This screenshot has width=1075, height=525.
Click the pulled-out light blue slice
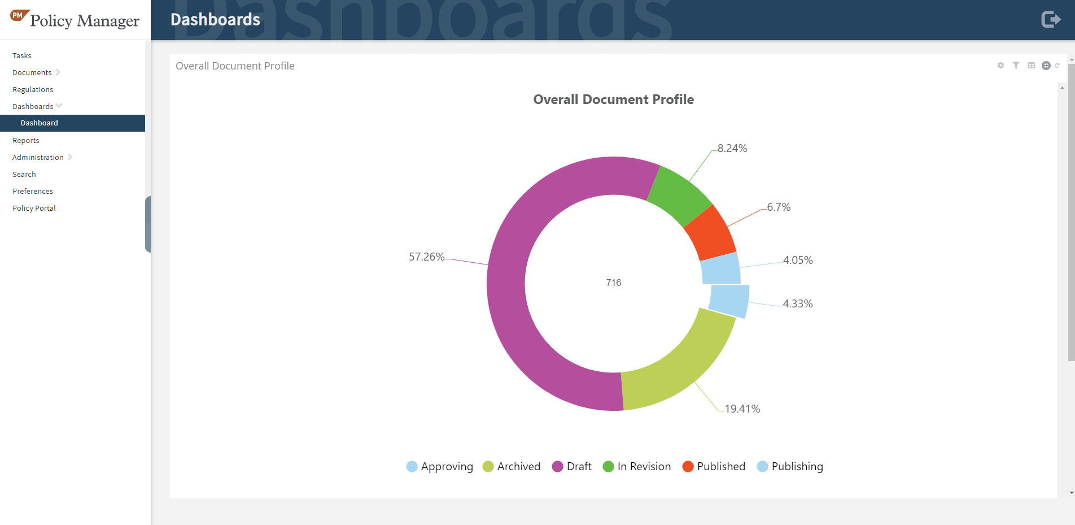click(x=729, y=300)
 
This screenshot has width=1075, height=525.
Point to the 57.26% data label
click(x=426, y=257)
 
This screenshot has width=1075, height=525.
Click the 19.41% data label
click(x=742, y=409)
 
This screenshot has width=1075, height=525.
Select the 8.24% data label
click(x=732, y=149)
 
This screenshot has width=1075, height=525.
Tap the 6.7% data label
click(x=779, y=207)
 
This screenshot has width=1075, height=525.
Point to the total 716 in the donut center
click(x=614, y=283)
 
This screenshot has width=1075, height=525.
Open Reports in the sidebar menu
click(x=26, y=140)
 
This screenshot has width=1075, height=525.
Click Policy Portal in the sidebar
click(x=34, y=208)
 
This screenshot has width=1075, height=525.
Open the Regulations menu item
click(x=33, y=89)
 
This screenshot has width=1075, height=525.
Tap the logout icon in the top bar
click(x=1051, y=20)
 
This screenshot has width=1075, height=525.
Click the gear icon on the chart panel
click(x=1000, y=66)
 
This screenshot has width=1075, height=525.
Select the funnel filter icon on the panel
click(x=1016, y=66)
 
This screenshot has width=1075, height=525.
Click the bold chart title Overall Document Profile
click(x=613, y=99)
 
